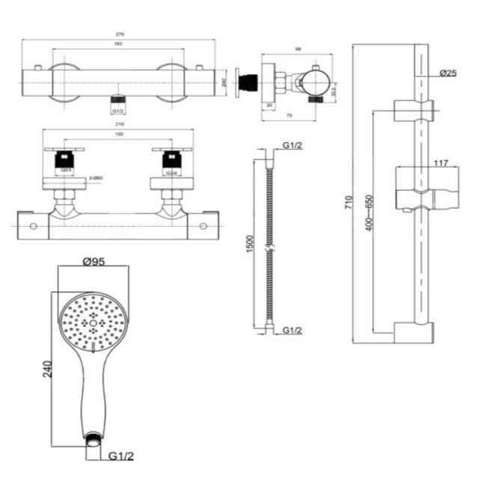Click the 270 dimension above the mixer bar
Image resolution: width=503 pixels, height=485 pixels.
[120, 34]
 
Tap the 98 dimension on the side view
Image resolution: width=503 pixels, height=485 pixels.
[298, 49]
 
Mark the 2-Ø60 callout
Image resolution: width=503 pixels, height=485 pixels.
[96, 177]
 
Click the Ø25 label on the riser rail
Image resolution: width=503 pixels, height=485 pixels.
[448, 73]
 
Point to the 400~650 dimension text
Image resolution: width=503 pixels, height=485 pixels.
[368, 213]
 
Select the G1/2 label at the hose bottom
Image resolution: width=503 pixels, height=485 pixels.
[291, 330]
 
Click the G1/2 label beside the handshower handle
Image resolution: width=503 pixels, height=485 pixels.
[121, 455]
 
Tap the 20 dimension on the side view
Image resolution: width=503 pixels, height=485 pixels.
[270, 105]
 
